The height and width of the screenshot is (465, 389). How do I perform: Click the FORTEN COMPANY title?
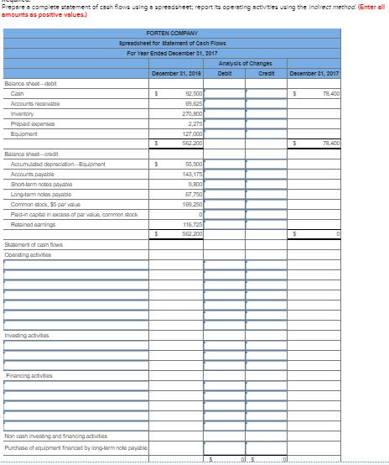[x=172, y=33]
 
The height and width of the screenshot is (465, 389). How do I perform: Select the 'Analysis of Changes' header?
[x=241, y=64]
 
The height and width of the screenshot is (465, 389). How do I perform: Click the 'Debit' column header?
[x=224, y=73]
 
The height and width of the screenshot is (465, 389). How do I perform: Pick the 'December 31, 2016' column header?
[x=174, y=73]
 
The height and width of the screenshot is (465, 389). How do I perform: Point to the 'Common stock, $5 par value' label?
[x=41, y=203]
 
